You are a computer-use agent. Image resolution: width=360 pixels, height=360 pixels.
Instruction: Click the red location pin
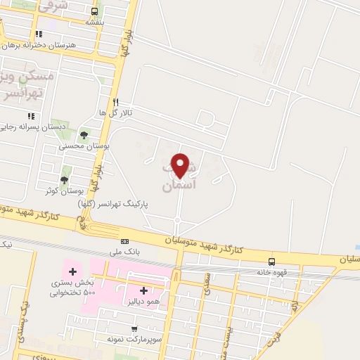181,166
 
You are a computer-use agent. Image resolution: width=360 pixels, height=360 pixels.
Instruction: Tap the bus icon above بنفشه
95,11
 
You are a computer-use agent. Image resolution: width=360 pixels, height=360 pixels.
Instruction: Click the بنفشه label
95,22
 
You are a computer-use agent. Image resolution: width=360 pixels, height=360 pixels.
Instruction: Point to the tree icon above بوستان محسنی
84,134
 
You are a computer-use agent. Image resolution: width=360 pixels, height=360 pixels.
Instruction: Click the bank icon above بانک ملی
125,241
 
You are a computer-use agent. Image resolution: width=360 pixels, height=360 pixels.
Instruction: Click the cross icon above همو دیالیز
143,290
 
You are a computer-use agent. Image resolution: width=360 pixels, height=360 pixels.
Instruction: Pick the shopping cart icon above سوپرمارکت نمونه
134,328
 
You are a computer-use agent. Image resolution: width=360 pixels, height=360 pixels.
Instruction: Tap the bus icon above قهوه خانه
271,260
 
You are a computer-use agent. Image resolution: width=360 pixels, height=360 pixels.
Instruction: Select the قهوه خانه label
271,271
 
